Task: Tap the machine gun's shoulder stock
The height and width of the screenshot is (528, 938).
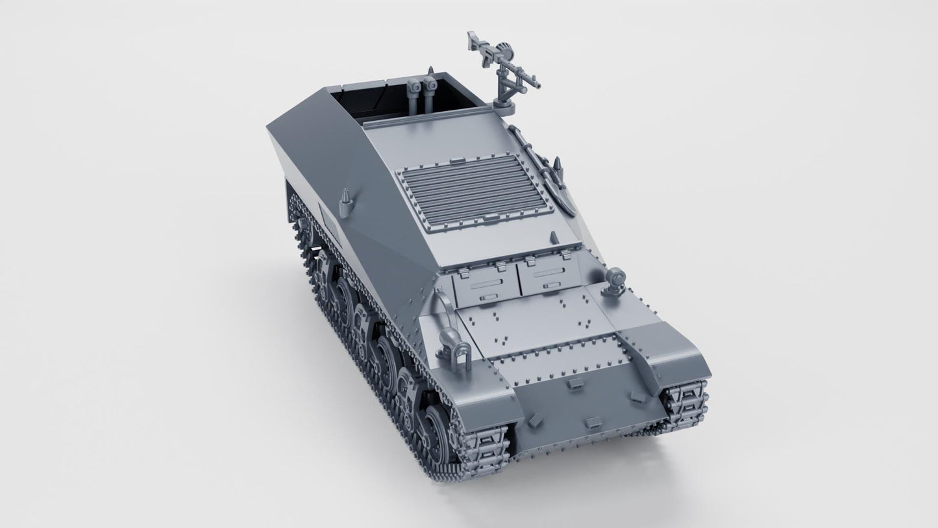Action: coord(472,40)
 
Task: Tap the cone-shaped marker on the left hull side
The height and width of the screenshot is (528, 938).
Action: coord(345,197)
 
